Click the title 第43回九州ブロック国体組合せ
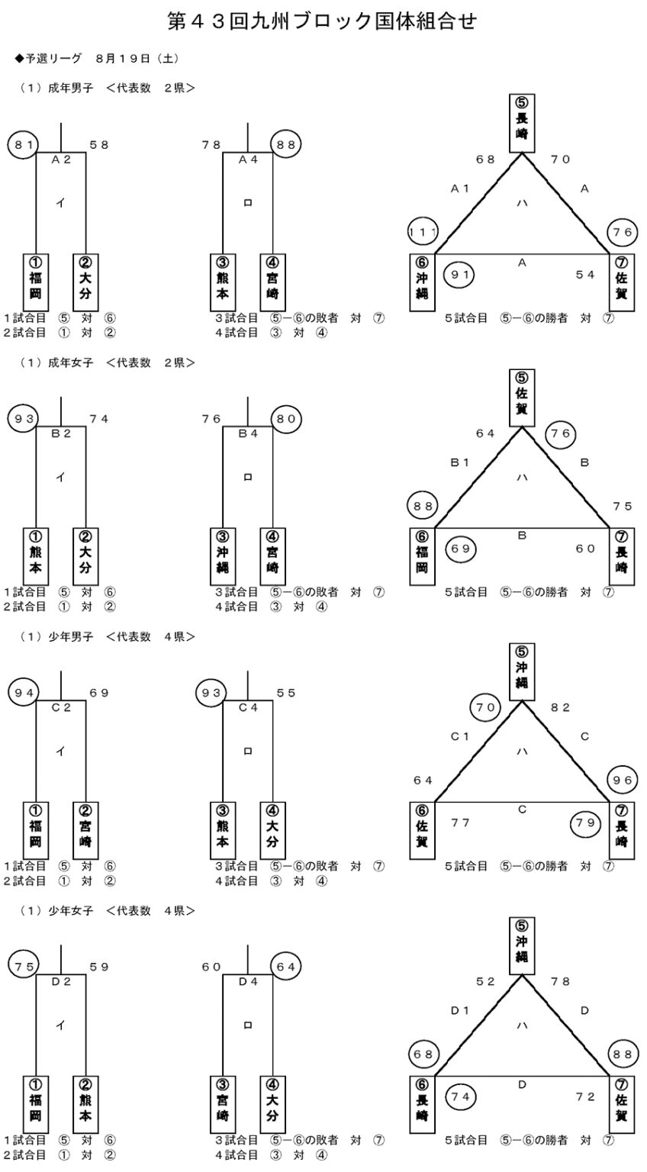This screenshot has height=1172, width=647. pyautogui.click(x=323, y=21)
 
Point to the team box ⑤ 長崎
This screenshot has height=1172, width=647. pyautogui.click(x=522, y=123)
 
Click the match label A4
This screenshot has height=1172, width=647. pyautogui.click(x=247, y=159)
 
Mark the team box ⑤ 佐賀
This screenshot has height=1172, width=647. pyautogui.click(x=522, y=398)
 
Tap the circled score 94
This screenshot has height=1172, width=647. pyautogui.click(x=23, y=693)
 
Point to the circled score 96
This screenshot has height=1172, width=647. pyautogui.click(x=622, y=780)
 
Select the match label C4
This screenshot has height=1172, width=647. pyautogui.click(x=247, y=708)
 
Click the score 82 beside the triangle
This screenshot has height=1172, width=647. pyautogui.click(x=560, y=708)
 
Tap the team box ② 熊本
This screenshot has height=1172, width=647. pyautogui.click(x=85, y=1106)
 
